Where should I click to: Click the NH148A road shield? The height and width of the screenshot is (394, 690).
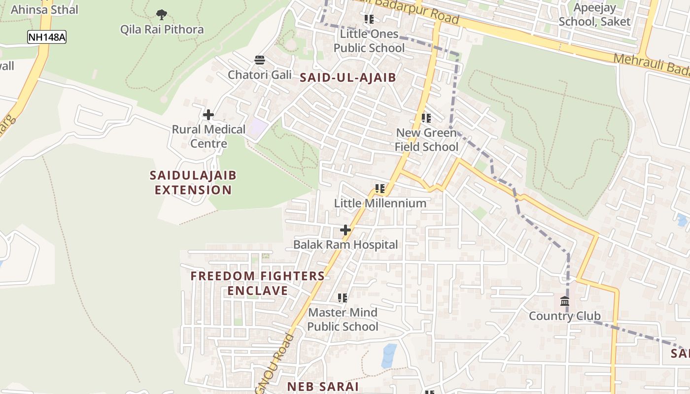click(x=46, y=37)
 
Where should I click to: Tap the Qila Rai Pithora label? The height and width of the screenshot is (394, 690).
click(x=162, y=30)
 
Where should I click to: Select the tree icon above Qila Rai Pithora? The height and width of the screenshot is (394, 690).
click(x=162, y=15)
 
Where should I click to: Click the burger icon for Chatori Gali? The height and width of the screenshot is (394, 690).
click(x=260, y=61)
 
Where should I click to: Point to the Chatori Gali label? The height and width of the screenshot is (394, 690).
click(x=260, y=75)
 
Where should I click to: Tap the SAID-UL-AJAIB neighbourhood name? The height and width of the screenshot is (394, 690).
click(x=348, y=77)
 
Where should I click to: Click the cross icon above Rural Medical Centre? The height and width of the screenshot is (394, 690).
click(x=208, y=115)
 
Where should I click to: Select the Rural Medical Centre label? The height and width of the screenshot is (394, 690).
click(x=208, y=136)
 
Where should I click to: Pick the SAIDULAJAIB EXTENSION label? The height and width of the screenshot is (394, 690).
click(x=193, y=183)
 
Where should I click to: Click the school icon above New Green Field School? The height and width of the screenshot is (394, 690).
click(x=426, y=118)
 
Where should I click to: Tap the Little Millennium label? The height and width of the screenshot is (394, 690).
click(x=380, y=203)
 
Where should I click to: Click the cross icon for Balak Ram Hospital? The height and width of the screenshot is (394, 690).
click(x=345, y=230)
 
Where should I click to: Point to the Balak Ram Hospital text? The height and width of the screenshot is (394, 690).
click(x=345, y=244)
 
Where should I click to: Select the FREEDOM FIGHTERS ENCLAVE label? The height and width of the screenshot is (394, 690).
click(x=258, y=283)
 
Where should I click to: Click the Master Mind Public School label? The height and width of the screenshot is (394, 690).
click(x=343, y=319)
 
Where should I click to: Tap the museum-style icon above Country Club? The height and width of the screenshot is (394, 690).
click(x=565, y=301)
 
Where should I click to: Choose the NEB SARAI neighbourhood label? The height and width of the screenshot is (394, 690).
click(x=323, y=387)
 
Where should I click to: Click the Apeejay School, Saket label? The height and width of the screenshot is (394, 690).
click(x=594, y=15)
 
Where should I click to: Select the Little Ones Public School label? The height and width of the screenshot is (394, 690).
click(x=369, y=41)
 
